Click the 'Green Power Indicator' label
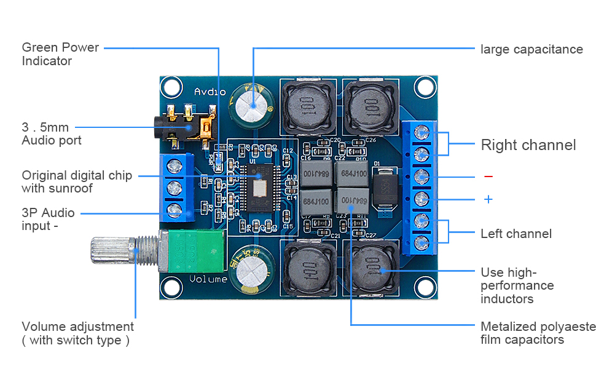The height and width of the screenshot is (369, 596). [x=60, y=54]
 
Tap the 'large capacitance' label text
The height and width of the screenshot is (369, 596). [x=531, y=49]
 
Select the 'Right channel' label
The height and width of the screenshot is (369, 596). [x=528, y=145]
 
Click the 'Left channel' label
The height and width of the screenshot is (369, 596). [x=516, y=234]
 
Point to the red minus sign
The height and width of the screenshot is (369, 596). [x=488, y=177]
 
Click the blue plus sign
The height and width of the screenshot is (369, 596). [x=488, y=199]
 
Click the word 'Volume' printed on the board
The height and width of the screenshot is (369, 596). [x=208, y=279]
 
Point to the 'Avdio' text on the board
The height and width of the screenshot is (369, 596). [x=210, y=92]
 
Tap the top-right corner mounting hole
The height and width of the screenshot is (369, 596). [x=423, y=87]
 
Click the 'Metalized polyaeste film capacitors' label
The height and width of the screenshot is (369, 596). [x=538, y=333]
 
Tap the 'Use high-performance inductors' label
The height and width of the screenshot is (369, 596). [x=516, y=286]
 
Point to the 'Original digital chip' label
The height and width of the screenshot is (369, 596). [x=76, y=182]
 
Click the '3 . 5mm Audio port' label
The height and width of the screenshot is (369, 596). [x=52, y=134]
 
